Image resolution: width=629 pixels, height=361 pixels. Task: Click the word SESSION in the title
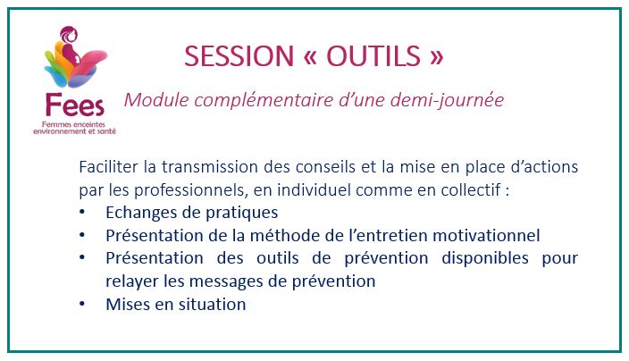pos(239,55)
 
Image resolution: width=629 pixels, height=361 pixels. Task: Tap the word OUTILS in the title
pos(373,55)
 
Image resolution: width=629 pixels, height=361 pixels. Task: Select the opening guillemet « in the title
pos(310,57)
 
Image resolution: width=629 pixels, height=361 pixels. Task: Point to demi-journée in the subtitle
pos(447,100)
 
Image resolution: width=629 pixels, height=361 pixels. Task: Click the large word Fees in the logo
pos(75,105)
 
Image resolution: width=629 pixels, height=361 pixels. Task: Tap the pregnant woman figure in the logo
pos(70,44)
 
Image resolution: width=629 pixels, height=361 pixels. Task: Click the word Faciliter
pos(108,167)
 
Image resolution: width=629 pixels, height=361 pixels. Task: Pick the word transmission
pos(209,167)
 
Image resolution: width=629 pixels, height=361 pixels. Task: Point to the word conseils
pos(325,167)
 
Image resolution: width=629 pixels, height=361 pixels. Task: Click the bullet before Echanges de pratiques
pos(82,212)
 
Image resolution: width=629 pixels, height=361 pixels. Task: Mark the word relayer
pos(132,281)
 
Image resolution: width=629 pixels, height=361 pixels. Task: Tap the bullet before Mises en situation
pos(82,304)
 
